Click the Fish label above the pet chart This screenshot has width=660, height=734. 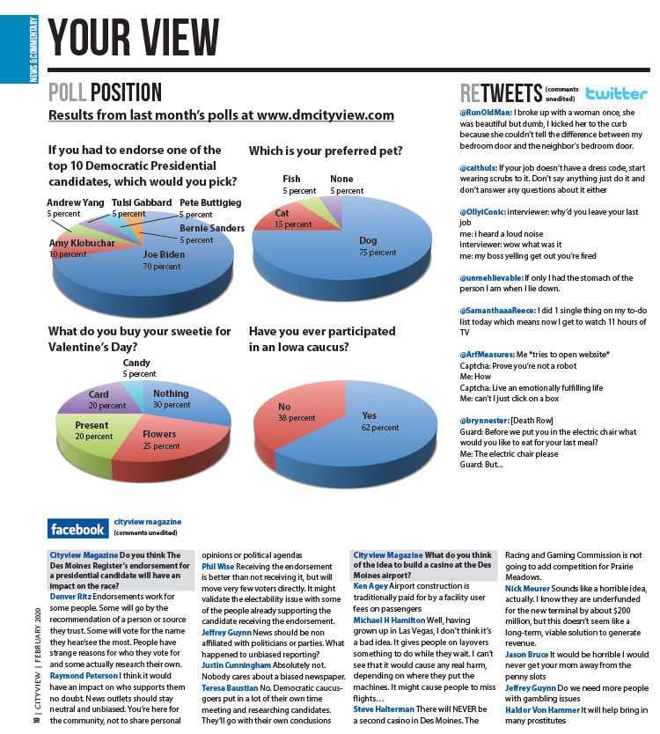pos(291,180)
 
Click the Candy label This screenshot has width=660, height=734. pos(136,363)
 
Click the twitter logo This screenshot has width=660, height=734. pos(616,93)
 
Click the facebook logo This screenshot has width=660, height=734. pos(78,529)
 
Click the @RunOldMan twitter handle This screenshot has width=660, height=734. pos(487,114)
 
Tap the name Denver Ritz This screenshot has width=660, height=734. pos(70,596)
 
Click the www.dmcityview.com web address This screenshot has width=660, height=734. pos(326,115)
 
